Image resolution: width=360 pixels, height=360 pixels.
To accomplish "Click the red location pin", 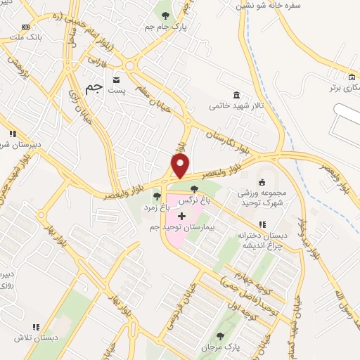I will pos(181,166).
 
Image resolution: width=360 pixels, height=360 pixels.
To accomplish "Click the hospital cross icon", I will pos(182,215).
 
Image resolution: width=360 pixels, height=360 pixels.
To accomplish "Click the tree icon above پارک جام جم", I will pos(165,15).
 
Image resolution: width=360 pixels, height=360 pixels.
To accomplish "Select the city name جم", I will pos(93,86).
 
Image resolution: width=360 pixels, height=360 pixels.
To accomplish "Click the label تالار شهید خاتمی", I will pos(235,106).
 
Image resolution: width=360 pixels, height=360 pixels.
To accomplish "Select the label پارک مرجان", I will pos(222,348).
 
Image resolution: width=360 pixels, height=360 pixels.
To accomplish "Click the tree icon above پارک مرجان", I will pos(222,336).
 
